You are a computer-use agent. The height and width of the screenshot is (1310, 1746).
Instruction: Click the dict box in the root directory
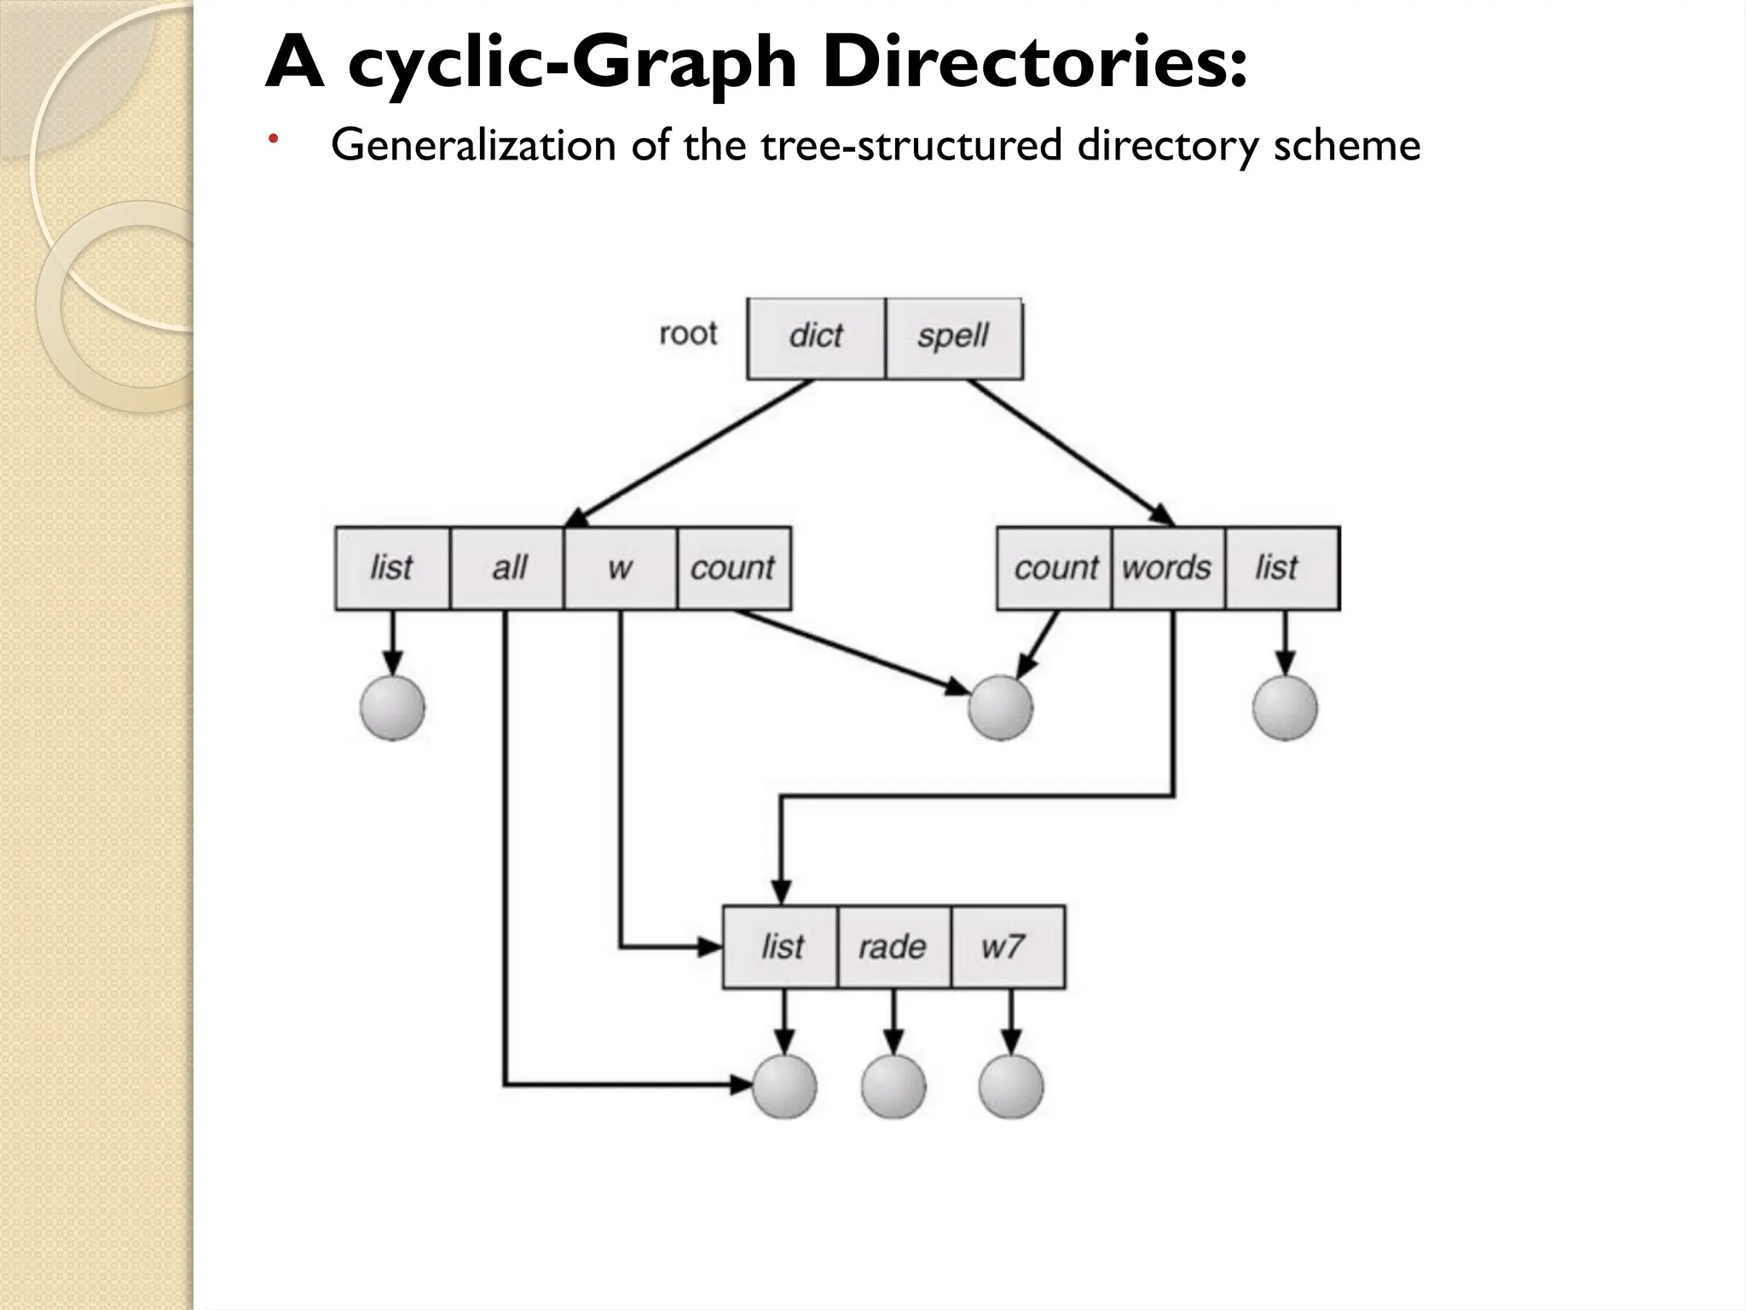(816, 338)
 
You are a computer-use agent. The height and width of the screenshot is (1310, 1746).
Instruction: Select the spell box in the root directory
(953, 338)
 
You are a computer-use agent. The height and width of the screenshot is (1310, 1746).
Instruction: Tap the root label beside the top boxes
(688, 333)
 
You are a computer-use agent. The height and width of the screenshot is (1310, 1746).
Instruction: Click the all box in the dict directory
(507, 568)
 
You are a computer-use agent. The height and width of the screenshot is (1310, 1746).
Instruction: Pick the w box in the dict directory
(620, 568)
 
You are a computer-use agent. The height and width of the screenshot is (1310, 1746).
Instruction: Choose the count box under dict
(733, 568)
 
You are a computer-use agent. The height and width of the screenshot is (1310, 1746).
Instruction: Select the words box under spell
(1167, 568)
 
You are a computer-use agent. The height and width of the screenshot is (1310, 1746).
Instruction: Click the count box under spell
(1055, 568)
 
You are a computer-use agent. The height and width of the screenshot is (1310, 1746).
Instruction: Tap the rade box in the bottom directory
(893, 947)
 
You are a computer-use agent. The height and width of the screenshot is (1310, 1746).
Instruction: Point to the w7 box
(1007, 947)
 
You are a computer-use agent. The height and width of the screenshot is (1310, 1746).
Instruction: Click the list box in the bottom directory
(781, 947)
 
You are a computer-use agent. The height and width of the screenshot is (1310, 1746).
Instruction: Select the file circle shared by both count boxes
(1000, 708)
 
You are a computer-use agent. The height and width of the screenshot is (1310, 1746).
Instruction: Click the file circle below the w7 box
(1010, 1087)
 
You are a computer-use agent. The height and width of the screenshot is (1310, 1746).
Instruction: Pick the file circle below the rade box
(893, 1087)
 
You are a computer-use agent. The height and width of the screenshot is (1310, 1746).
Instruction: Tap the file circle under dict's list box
(392, 708)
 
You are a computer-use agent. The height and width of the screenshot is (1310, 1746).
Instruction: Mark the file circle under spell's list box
(1285, 708)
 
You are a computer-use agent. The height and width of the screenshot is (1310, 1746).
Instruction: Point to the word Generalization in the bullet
(473, 145)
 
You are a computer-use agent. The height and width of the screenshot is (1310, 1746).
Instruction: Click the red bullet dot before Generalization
(272, 139)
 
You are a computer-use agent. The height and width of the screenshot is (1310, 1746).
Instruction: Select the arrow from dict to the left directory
(691, 452)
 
